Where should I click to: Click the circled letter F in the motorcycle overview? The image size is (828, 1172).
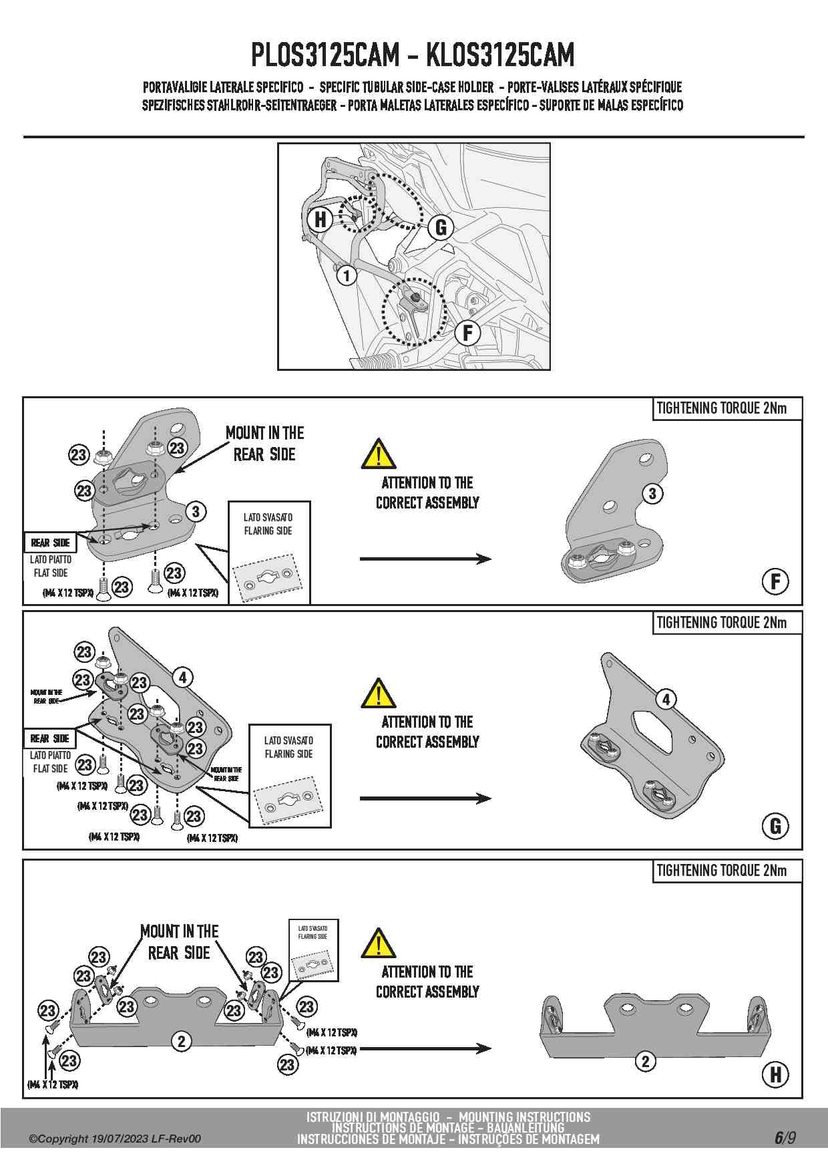[467, 332]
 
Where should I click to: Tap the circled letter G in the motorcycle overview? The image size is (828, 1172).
[441, 227]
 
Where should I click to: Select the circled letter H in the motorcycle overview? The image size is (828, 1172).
[321, 218]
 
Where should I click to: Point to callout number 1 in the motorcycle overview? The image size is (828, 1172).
[346, 275]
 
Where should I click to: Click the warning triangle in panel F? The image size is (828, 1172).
[378, 454]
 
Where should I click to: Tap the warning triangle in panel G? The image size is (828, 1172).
[378, 694]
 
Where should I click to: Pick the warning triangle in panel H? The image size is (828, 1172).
[378, 943]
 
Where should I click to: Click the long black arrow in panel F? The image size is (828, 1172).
[425, 559]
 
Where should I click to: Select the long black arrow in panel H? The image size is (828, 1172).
[425, 1048]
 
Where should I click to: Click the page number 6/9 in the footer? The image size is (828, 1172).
[785, 1137]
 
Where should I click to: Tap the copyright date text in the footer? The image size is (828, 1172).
[114, 1139]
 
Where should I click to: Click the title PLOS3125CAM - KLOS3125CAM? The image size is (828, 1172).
[413, 55]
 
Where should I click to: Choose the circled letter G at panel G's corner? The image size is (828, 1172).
[775, 826]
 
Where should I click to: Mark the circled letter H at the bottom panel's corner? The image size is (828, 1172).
[775, 1074]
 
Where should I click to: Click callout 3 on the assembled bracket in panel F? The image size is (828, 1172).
[652, 494]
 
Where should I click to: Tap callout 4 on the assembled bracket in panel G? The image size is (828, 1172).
[666, 700]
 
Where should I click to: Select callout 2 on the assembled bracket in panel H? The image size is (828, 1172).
[645, 1061]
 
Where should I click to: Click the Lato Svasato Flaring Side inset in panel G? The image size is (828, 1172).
[290, 776]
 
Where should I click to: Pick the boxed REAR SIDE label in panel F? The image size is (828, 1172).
[50, 543]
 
